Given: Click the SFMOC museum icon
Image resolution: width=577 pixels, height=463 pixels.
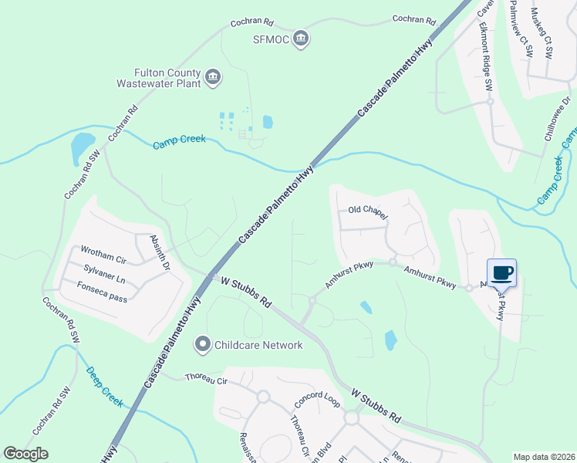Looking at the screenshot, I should (302, 39).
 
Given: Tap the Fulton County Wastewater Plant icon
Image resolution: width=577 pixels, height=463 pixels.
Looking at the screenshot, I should (213, 76).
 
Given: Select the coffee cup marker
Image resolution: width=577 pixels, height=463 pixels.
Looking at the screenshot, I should (501, 272).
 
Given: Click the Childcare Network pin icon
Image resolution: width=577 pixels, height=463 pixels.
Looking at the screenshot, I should (203, 344).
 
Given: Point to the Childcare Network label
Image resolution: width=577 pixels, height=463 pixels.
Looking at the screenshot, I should (258, 345).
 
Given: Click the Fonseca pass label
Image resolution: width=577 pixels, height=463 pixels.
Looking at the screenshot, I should (102, 286).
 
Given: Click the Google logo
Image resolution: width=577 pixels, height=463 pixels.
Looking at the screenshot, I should (26, 454).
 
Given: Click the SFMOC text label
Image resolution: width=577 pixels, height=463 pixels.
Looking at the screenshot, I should (271, 39).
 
